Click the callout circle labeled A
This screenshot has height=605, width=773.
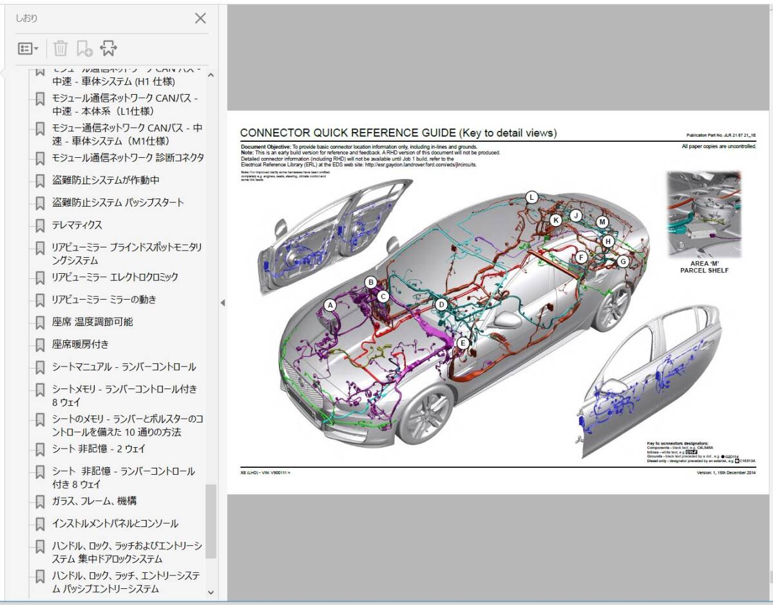pos(330,305)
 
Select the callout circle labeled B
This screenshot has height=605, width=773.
pos(370,282)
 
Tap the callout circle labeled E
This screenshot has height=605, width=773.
pos(462,343)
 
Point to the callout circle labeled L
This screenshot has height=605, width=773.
pos(531,198)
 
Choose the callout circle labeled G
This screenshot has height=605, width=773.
pos(622,261)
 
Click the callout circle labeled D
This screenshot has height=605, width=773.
pos(441,305)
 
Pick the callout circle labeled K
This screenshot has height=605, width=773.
pos(556,220)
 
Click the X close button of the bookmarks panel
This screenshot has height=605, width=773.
pos(200,18)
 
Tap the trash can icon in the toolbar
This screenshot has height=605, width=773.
pos(60,48)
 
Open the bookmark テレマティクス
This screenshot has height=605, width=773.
pos(77,225)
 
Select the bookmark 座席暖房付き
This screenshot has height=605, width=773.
pos(80,344)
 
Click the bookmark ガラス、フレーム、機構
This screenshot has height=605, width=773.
pos(94,501)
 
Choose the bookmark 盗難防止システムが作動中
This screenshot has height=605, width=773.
pos(106,180)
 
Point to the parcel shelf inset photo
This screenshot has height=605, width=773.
pos(704,215)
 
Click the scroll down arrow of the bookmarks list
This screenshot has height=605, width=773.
pos(211,591)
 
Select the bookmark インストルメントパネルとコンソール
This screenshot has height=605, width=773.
pos(115,523)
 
